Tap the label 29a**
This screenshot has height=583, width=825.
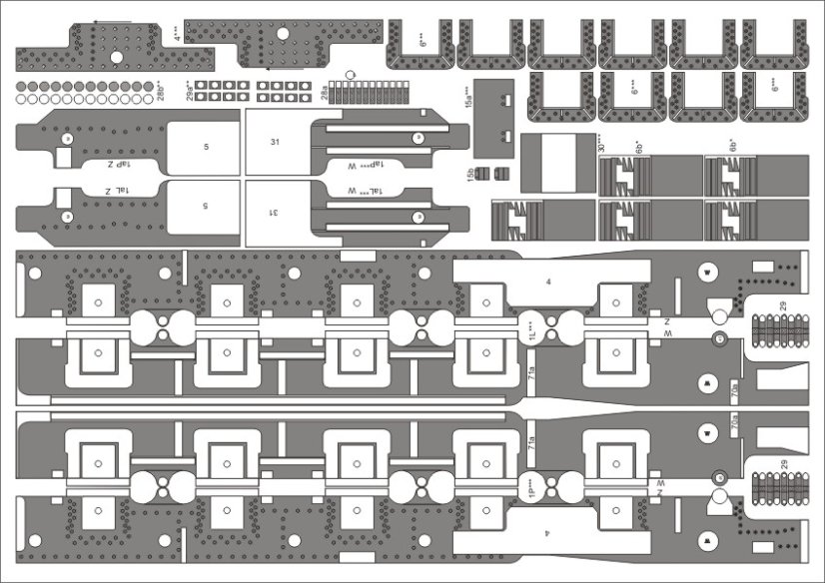coord(191,91)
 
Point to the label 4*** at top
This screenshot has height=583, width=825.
coord(176,35)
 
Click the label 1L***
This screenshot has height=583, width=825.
coord(531,326)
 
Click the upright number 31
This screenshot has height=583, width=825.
coord(275,142)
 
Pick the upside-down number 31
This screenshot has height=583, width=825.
coord(274,213)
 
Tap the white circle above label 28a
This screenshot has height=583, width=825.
coord(350,74)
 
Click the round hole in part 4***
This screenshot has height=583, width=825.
coord(282,35)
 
